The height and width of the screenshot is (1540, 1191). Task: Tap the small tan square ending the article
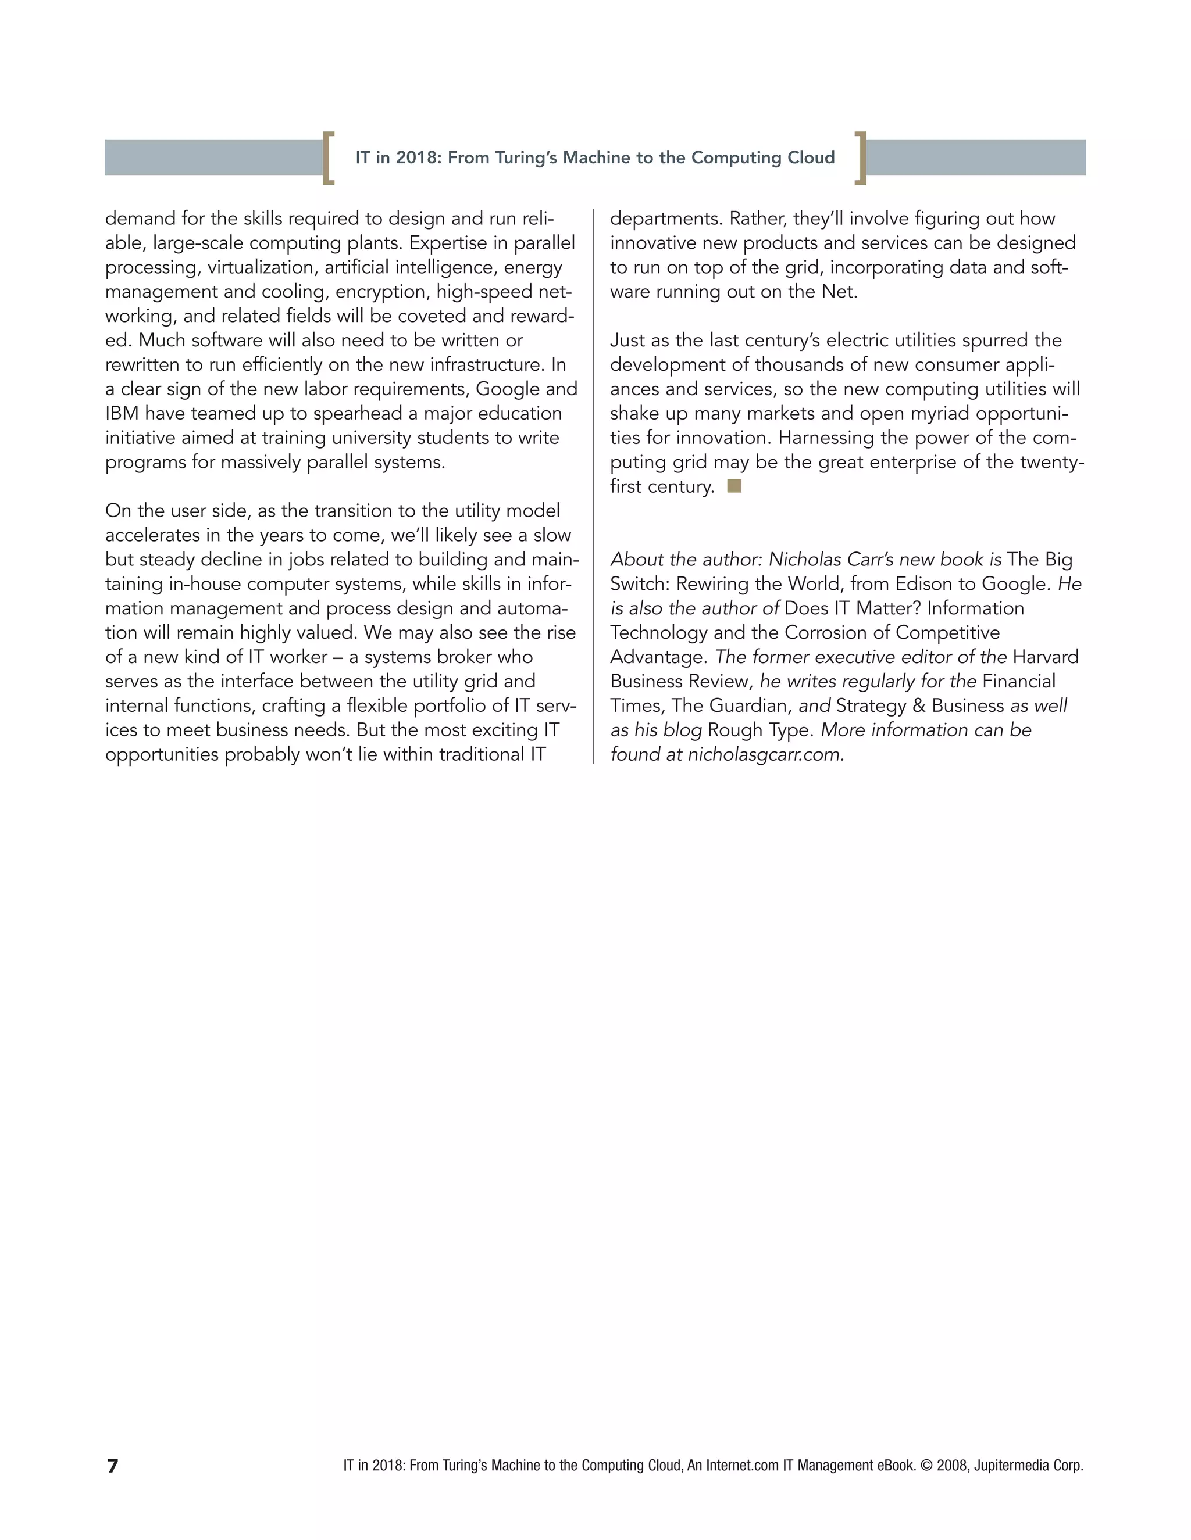click(734, 485)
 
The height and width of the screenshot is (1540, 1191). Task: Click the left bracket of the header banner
click(328, 158)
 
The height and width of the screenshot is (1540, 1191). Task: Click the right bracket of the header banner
click(860, 158)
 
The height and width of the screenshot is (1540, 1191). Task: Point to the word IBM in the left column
click(122, 413)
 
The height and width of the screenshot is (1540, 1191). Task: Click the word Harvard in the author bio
click(1045, 657)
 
